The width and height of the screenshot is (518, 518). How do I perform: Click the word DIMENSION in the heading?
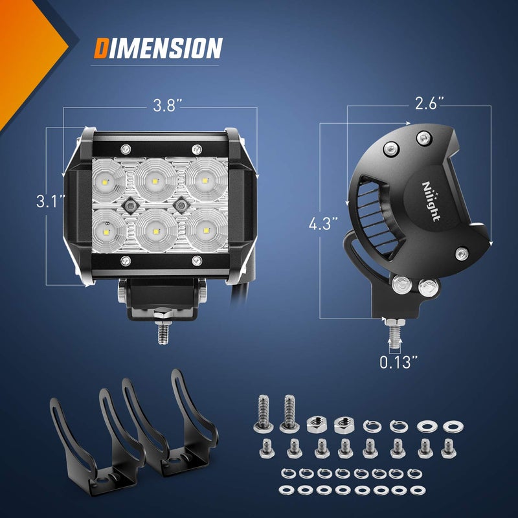(158, 49)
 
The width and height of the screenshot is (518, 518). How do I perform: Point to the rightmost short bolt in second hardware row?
(447, 447)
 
